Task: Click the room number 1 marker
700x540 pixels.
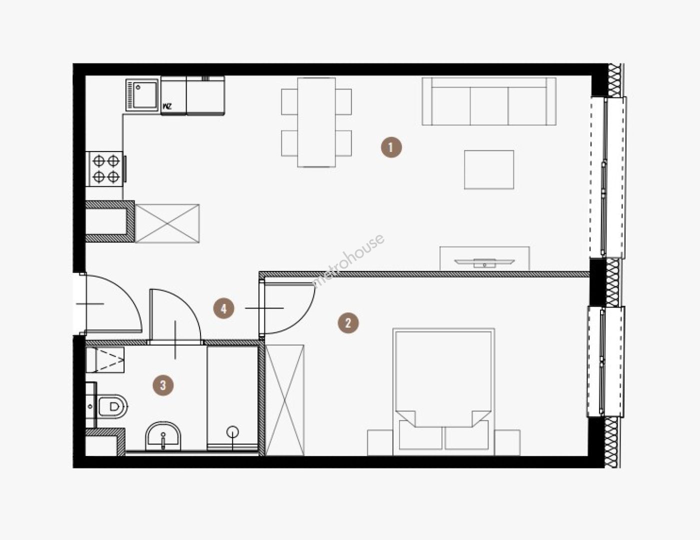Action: (391, 147)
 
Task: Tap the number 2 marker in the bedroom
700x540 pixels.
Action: (348, 322)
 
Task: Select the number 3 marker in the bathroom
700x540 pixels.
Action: (163, 385)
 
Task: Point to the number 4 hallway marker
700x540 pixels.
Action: (223, 308)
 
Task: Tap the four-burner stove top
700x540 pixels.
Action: (106, 168)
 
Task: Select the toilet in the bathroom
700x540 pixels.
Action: (111, 406)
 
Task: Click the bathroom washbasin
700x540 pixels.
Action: (163, 436)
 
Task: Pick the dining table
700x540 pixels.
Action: (316, 122)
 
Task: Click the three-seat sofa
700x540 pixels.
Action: (489, 101)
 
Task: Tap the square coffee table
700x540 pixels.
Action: (489, 169)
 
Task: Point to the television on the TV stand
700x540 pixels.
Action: (484, 262)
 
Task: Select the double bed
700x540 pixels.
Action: (443, 392)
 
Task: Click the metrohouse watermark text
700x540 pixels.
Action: (349, 260)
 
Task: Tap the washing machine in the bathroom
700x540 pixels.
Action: (105, 359)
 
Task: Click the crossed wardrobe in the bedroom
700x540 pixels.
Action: (284, 400)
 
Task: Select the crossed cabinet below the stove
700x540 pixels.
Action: (167, 223)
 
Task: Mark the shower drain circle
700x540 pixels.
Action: (232, 432)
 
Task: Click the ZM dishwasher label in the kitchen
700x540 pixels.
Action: (167, 106)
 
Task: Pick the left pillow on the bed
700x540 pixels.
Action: (420, 434)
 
